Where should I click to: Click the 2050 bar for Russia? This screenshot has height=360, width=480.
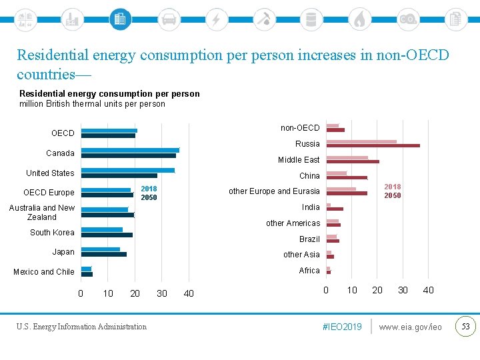(373, 145)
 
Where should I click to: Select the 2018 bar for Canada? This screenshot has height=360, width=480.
(130, 150)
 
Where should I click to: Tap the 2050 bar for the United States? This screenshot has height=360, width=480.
(119, 176)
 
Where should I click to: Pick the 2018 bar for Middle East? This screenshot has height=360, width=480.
(347, 157)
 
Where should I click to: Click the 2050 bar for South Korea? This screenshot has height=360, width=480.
(107, 235)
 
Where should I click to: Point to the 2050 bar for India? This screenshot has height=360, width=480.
(335, 209)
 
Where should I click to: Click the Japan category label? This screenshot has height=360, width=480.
(63, 252)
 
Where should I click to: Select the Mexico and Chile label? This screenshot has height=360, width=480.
(44, 272)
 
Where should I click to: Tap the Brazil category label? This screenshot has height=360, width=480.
(309, 239)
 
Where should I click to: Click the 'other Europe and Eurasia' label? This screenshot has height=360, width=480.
(274, 191)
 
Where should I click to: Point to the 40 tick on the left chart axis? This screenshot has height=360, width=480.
(189, 294)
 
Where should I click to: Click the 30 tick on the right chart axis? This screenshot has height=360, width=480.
(403, 290)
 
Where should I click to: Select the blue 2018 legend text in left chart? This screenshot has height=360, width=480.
(149, 189)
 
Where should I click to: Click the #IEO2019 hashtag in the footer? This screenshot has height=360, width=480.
(341, 327)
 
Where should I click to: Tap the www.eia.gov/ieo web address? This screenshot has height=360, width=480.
(410, 327)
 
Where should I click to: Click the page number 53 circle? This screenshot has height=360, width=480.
(465, 326)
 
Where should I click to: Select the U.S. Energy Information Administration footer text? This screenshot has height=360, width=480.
(82, 327)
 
